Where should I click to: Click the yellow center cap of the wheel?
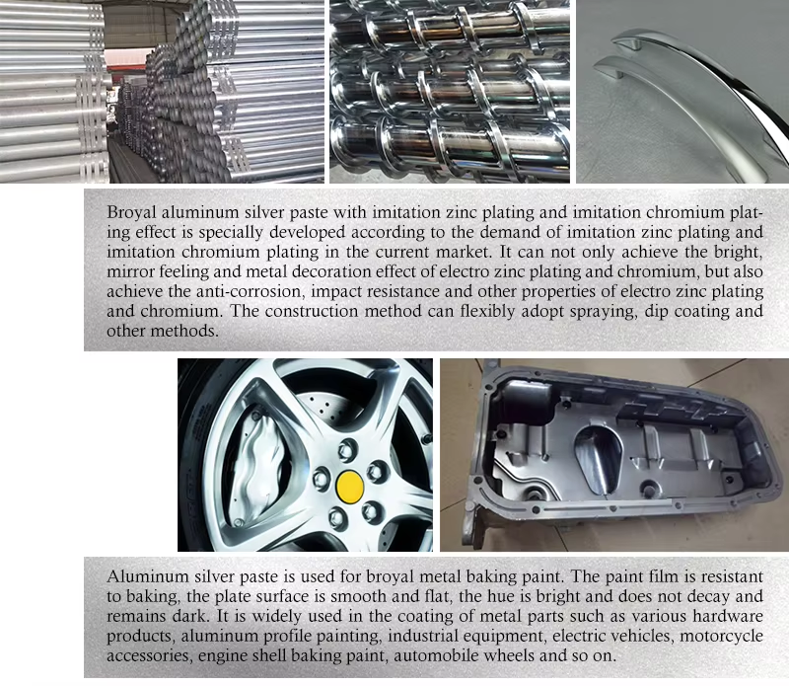point(350,487)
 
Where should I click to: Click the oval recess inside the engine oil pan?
point(599,459)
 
